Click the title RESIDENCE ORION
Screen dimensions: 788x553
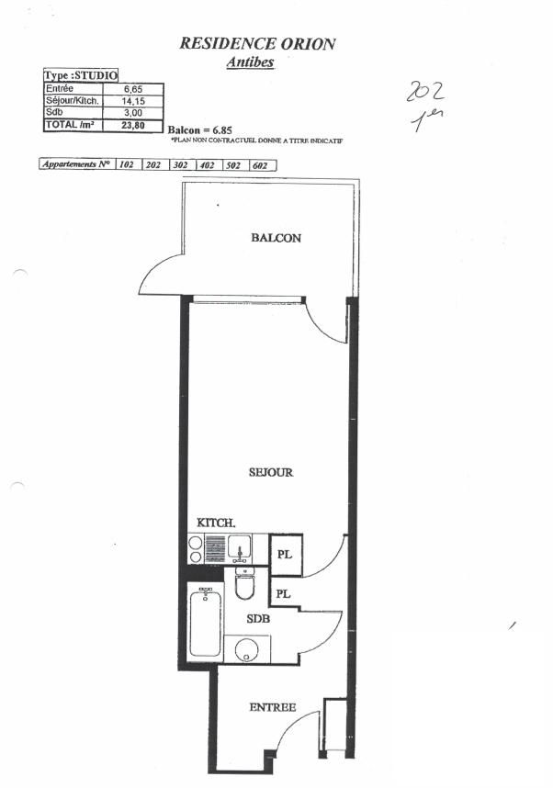pyautogui.click(x=256, y=43)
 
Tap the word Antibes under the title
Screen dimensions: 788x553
pyautogui.click(x=250, y=62)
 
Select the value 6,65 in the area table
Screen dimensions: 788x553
pyautogui.click(x=132, y=89)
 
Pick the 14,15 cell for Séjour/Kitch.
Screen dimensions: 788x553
pyautogui.click(x=132, y=101)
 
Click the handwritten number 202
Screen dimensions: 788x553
pyautogui.click(x=426, y=92)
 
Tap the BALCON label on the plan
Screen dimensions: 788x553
pyautogui.click(x=276, y=238)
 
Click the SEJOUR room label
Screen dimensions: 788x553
pyautogui.click(x=270, y=473)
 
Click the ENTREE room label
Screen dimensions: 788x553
pyautogui.click(x=273, y=707)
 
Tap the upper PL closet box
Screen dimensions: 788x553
pyautogui.click(x=285, y=556)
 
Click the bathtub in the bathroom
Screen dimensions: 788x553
pyautogui.click(x=205, y=624)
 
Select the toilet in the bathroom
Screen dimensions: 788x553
pyautogui.click(x=244, y=583)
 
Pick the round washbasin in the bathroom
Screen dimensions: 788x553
pyautogui.click(x=245, y=650)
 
